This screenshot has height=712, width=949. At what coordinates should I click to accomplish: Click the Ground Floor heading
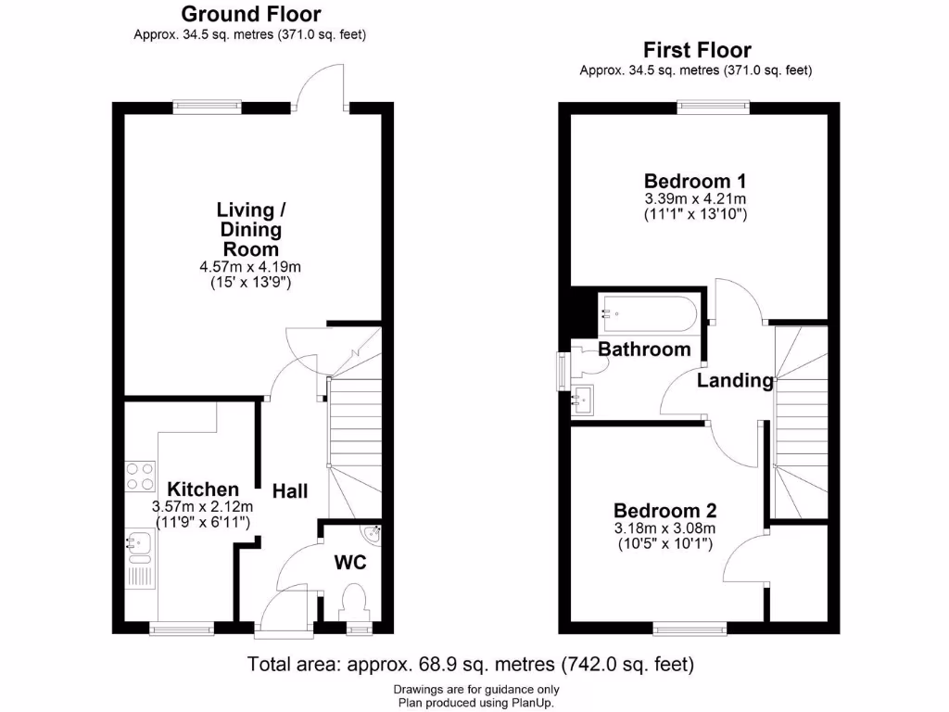[x=251, y=14]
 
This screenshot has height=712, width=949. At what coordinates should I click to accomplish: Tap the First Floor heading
[x=697, y=50]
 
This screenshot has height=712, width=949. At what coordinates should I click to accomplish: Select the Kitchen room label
[x=202, y=489]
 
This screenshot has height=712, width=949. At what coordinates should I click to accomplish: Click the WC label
[x=351, y=563]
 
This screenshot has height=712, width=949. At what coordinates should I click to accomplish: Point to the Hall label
[x=289, y=491]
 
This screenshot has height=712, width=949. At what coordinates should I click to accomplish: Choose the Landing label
[x=735, y=380]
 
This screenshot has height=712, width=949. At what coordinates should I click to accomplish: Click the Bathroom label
[x=644, y=350]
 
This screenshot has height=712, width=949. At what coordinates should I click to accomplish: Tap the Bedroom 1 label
[x=696, y=181]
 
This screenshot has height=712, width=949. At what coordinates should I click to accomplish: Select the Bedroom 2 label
[x=664, y=511]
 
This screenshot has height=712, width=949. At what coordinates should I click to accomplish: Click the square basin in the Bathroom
[x=584, y=400]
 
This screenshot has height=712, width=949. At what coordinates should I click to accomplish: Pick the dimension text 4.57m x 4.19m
[x=251, y=267]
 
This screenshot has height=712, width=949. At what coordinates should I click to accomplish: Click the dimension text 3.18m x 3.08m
[x=664, y=528]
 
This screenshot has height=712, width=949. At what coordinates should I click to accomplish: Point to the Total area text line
[x=471, y=665]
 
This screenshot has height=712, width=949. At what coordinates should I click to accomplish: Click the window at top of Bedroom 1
[x=713, y=107]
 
